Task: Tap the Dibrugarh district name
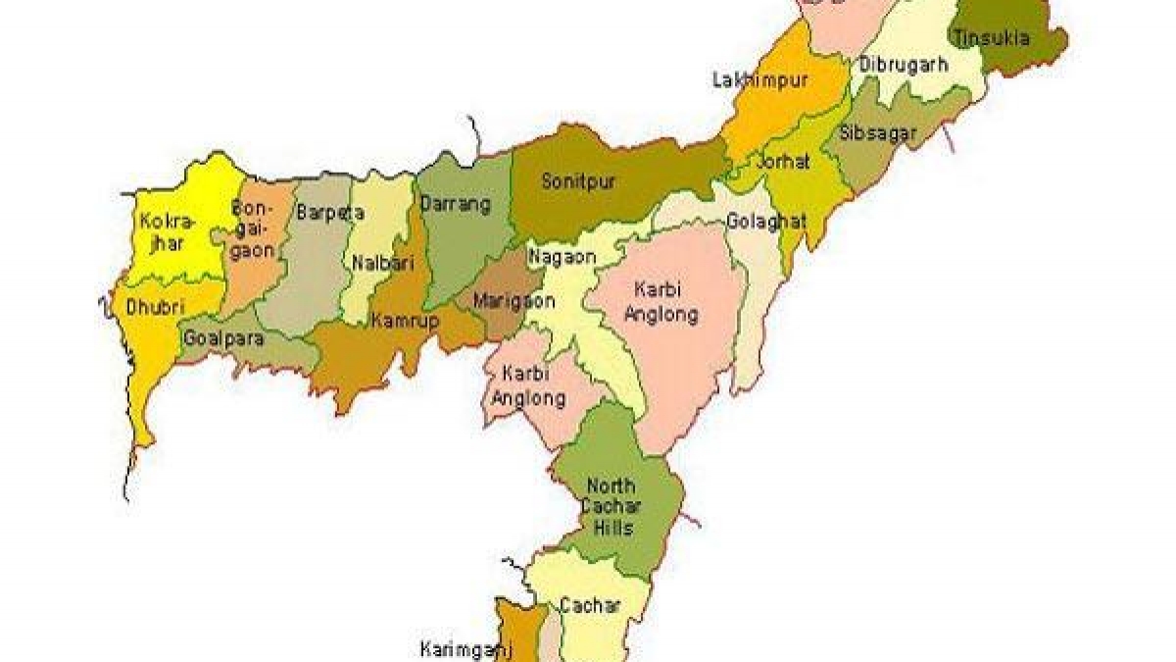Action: click(x=904, y=65)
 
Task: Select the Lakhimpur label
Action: click(x=759, y=80)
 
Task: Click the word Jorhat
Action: click(x=783, y=163)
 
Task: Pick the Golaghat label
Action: click(x=766, y=222)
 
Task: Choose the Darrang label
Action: click(x=455, y=205)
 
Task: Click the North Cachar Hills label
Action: click(x=611, y=507)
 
